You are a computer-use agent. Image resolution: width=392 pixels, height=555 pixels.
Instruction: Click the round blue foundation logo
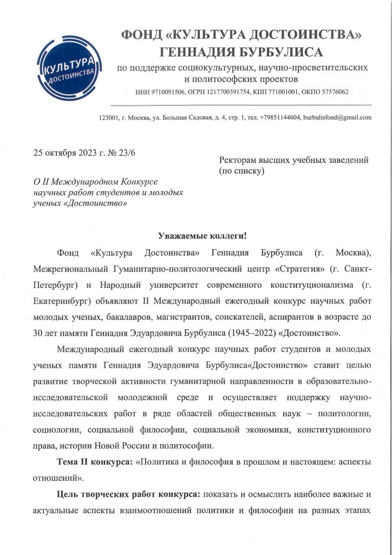click(69, 68)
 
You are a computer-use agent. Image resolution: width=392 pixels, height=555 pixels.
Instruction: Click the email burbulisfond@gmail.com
click(337, 118)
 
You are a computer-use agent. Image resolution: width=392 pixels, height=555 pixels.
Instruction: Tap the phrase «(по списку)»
click(242, 171)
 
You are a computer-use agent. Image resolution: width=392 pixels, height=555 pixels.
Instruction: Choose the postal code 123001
click(110, 118)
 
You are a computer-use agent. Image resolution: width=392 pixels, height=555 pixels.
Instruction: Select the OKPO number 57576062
click(330, 92)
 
